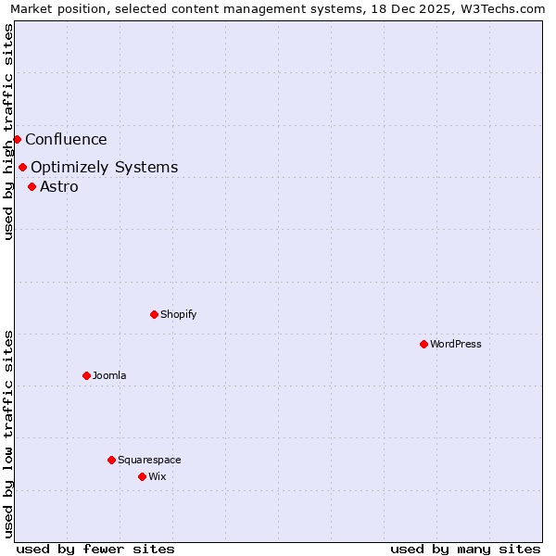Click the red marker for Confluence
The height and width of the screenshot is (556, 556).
pyautogui.click(x=17, y=140)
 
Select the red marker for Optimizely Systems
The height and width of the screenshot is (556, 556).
pyautogui.click(x=22, y=168)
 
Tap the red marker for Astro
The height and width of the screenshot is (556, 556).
pyautogui.click(x=32, y=187)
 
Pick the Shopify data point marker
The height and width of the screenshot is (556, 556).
pyautogui.click(x=154, y=315)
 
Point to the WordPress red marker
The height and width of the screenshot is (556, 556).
pyautogui.click(x=423, y=345)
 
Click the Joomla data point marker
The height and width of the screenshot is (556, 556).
pyautogui.click(x=86, y=376)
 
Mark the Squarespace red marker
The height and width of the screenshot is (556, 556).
pyautogui.click(x=111, y=461)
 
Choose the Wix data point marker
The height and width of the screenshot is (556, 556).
pyautogui.click(x=142, y=477)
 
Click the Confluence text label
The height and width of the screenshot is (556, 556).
pyautogui.click(x=66, y=140)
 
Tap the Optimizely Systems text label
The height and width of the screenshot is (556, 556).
pyautogui.click(x=104, y=168)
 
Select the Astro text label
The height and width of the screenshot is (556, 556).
pyautogui.click(x=58, y=187)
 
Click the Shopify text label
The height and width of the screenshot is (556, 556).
pyautogui.click(x=178, y=315)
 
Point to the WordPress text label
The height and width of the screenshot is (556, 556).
pyautogui.click(x=455, y=345)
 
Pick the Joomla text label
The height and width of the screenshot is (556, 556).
pyautogui.click(x=108, y=376)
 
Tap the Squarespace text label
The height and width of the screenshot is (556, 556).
pyautogui.click(x=149, y=461)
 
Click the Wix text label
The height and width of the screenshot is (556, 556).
pyautogui.click(x=157, y=477)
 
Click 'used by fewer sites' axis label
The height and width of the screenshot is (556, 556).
pyautogui.click(x=95, y=549)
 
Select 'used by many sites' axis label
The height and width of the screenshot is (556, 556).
pyautogui.click(x=465, y=549)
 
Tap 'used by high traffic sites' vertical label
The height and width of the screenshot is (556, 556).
pyautogui.click(x=8, y=132)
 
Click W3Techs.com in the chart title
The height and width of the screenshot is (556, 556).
pyautogui.click(x=506, y=9)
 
